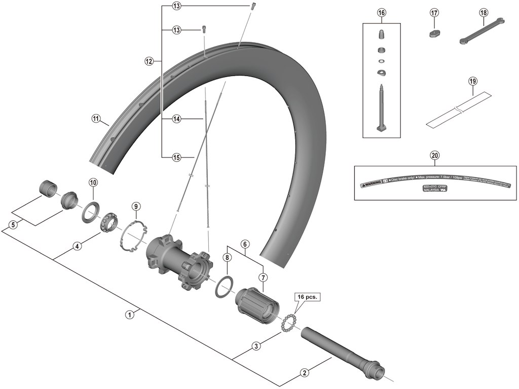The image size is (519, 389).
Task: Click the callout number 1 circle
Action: (x=130, y=314)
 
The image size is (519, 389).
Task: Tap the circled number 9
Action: (x=135, y=206)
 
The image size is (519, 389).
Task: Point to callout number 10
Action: (x=93, y=182)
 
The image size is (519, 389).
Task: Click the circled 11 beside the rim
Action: (x=96, y=119)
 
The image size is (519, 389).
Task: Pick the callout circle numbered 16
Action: (x=381, y=12)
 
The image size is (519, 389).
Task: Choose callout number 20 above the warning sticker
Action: (x=434, y=155)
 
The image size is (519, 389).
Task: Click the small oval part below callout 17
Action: (x=434, y=34)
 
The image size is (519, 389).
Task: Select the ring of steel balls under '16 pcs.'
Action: (x=288, y=322)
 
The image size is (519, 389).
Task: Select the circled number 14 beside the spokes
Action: (x=176, y=119)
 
